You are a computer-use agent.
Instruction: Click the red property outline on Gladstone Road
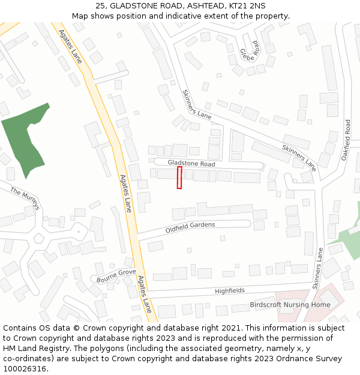(179, 178)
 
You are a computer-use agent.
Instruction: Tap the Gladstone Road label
(191, 163)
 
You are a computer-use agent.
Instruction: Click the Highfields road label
(230, 291)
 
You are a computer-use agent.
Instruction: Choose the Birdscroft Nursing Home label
(290, 305)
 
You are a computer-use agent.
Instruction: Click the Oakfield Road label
(346, 139)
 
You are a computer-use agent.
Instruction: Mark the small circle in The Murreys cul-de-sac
(77, 232)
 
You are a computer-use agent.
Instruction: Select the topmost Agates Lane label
(71, 48)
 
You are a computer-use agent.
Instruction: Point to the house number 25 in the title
(100, 5)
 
